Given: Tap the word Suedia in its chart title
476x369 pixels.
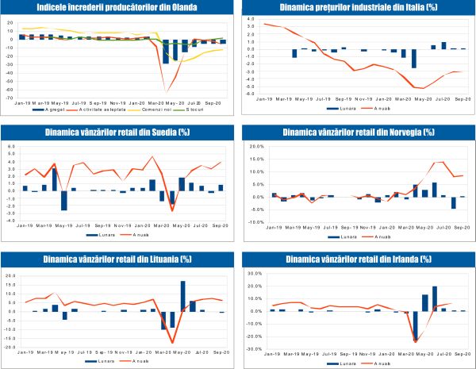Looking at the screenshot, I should pos(161,133).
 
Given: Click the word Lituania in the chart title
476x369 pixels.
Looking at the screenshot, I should pos(159,259).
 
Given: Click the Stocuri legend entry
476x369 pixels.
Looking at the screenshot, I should pos(195,109).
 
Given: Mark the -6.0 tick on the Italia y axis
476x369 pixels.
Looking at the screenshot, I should pos(248,95).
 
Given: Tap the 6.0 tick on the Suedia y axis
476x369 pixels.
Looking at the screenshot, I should pos(10,147).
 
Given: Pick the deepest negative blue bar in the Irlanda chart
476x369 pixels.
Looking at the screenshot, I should pos(415,326).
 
